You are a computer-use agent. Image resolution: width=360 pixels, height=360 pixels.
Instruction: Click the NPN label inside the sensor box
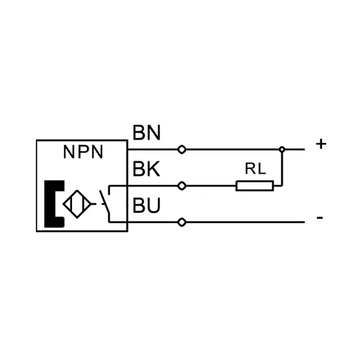pyautogui.click(x=83, y=152)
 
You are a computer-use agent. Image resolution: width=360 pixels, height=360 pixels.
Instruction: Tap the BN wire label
pyautogui.click(x=146, y=133)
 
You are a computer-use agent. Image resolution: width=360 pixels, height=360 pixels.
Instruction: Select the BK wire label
pyautogui.click(x=146, y=169)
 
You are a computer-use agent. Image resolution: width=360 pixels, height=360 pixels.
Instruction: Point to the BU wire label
pyautogui.click(x=146, y=205)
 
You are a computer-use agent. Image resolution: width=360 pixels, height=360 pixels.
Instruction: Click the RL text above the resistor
pyautogui.click(x=256, y=169)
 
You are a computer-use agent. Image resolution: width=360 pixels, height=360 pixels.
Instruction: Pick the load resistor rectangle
pyautogui.click(x=255, y=186)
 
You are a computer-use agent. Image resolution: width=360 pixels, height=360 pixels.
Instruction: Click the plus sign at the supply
pyautogui.click(x=321, y=144)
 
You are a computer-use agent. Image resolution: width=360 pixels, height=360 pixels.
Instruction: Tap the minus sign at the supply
pyautogui.click(x=320, y=217)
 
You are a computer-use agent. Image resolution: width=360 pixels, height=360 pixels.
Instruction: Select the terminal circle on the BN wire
pyautogui.click(x=182, y=149)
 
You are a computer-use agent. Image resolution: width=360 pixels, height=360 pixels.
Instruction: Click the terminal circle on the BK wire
pyautogui.click(x=182, y=186)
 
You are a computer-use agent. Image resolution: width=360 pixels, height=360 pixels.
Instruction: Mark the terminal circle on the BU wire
pyautogui.click(x=182, y=222)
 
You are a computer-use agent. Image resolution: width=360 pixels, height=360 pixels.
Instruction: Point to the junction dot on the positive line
pyautogui.click(x=282, y=149)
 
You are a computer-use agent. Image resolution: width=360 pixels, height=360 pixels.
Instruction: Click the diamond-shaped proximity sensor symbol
pyautogui.click(x=77, y=204)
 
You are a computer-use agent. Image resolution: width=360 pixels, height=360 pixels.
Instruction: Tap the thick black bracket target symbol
pyautogui.click(x=54, y=204)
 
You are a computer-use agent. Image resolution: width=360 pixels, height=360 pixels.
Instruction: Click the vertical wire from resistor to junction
pyautogui.click(x=282, y=167)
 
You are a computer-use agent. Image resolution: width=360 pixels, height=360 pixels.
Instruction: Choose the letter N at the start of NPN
pyautogui.click(x=68, y=152)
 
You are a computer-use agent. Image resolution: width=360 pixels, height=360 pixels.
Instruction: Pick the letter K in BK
pyautogui.click(x=154, y=169)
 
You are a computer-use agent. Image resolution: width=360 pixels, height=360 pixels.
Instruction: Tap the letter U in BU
pyautogui.click(x=154, y=205)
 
